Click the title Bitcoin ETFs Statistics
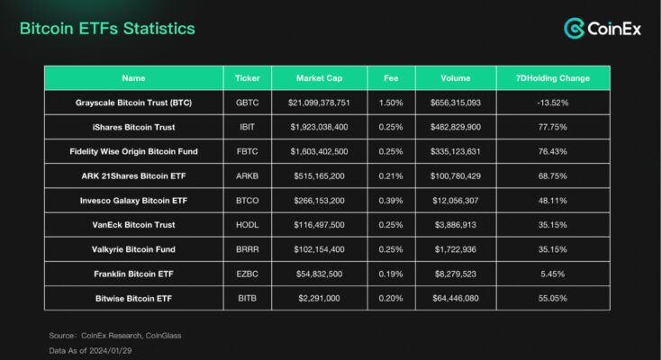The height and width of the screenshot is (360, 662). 107,29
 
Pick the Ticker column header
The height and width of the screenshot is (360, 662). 247,77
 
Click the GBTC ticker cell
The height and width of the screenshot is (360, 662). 247,103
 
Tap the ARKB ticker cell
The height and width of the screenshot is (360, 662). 247,175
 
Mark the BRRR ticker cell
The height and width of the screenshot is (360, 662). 247,248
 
